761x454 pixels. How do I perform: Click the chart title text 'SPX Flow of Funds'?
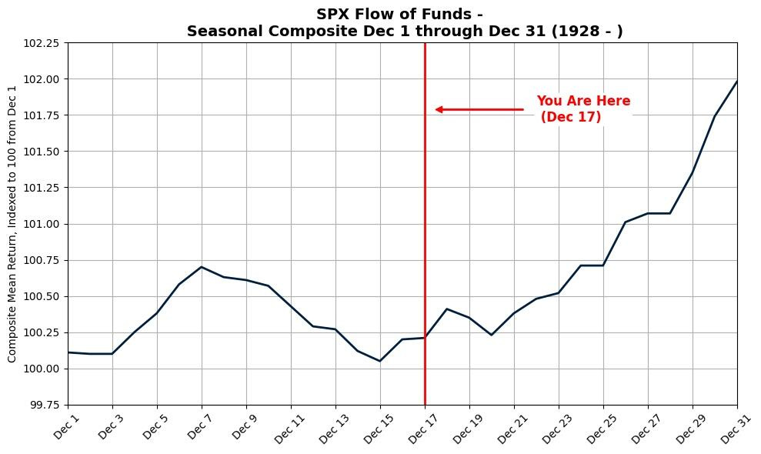(399, 14)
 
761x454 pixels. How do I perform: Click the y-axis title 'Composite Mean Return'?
(12, 224)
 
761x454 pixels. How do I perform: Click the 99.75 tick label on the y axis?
(42, 405)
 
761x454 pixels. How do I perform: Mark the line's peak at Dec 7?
(202, 267)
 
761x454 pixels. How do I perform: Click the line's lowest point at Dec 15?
(380, 361)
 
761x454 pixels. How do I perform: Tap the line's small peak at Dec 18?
(447, 309)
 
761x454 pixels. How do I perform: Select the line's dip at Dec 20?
(492, 335)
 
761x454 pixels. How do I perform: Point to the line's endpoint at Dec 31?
(736, 82)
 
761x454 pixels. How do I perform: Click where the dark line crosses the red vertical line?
(425, 338)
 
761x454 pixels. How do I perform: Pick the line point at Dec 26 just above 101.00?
(626, 222)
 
